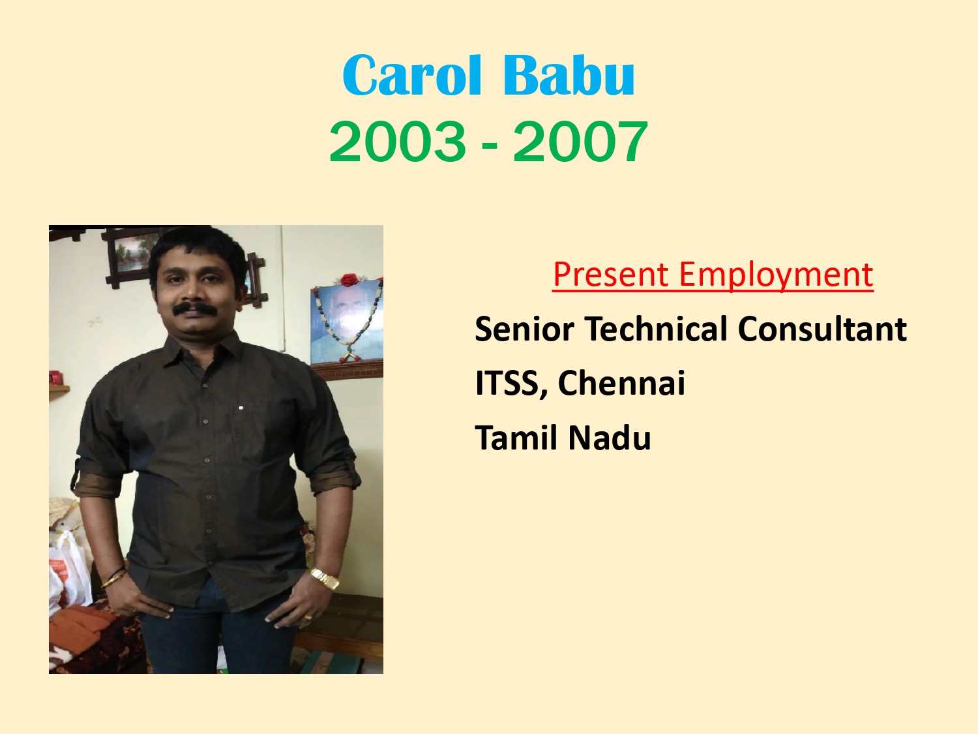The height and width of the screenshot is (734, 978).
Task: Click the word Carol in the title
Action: [412, 75]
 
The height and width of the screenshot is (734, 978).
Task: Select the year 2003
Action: [398, 142]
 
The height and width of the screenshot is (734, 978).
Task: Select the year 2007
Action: [580, 142]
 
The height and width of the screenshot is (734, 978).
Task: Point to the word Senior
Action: [524, 329]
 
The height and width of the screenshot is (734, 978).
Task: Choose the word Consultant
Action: [822, 328]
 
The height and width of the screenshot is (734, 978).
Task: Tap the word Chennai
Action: [621, 383]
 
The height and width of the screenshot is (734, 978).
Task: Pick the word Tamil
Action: [516, 437]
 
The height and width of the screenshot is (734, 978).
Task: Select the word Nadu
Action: [610, 437]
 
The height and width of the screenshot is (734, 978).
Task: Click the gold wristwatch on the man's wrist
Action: [325, 579]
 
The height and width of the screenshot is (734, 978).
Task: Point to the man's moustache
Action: [195, 309]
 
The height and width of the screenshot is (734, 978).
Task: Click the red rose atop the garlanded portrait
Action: [349, 280]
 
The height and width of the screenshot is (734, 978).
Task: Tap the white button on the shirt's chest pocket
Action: [241, 408]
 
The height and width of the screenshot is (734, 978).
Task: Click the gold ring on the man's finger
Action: [308, 617]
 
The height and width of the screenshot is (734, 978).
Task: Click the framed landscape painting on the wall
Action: [132, 253]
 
